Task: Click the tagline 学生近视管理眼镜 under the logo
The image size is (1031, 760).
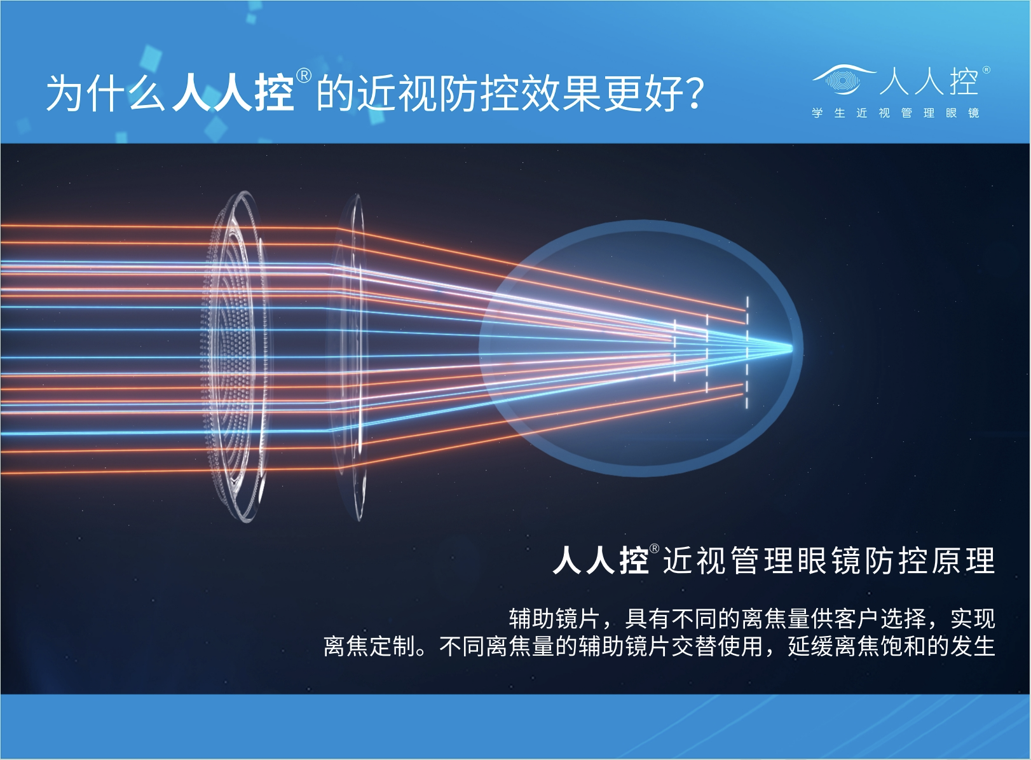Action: pyautogui.click(x=895, y=113)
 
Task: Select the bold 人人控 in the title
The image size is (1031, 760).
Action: pyautogui.click(x=233, y=93)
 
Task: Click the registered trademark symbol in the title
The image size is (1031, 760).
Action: pyautogui.click(x=304, y=76)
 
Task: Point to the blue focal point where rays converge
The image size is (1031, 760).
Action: pyautogui.click(x=791, y=347)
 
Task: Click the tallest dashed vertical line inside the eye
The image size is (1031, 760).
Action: pyautogui.click(x=747, y=353)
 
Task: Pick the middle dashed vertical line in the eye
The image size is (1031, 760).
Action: pyautogui.click(x=707, y=354)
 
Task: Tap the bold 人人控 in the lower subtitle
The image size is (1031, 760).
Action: pyautogui.click(x=600, y=560)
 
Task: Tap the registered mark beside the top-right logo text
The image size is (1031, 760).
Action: pyautogui.click(x=986, y=70)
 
